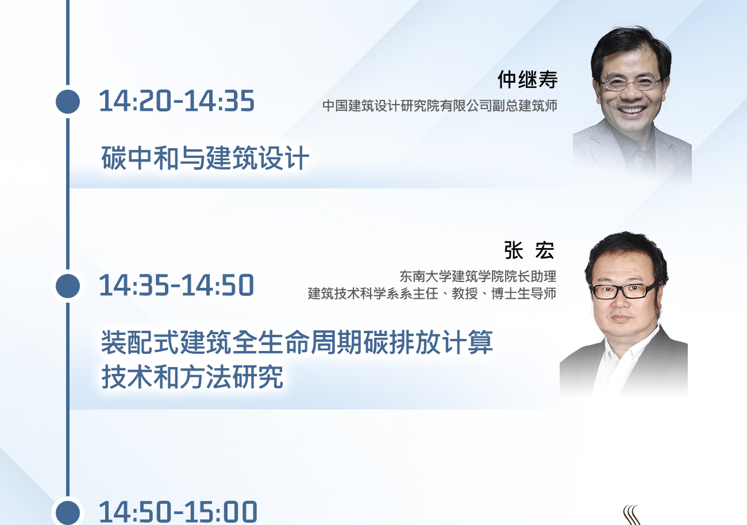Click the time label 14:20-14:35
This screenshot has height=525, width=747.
[x=177, y=101]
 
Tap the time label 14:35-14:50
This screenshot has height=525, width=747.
[x=177, y=285]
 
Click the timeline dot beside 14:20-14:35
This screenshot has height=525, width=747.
[x=68, y=101]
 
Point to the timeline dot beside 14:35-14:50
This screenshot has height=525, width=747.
[x=68, y=286]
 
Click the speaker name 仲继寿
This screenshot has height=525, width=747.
[x=527, y=80]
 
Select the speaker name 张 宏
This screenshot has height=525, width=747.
[x=529, y=250]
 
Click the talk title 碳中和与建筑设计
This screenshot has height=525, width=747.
[x=205, y=157]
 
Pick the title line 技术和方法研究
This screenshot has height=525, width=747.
[x=192, y=377]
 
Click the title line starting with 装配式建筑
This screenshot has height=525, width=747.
[x=297, y=342]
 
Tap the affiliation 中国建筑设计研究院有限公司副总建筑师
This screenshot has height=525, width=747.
[x=440, y=106]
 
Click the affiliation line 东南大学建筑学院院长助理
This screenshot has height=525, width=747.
[x=478, y=276]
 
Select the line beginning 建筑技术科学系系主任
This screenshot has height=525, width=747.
[x=432, y=294]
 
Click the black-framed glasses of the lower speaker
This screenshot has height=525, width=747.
[x=623, y=291]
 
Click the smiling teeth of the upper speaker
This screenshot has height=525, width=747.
[x=632, y=110]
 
